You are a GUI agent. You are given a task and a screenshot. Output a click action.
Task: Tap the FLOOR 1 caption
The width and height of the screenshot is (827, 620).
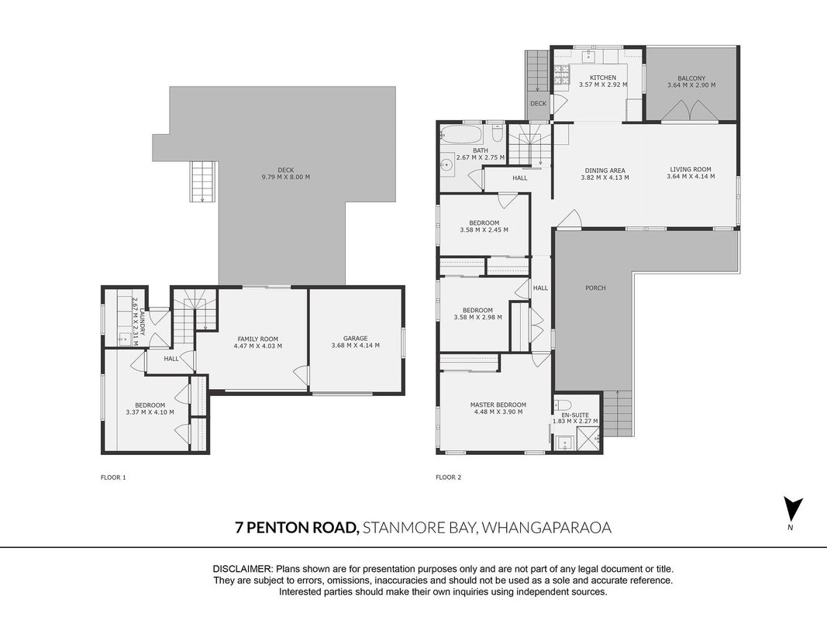(x=113, y=477)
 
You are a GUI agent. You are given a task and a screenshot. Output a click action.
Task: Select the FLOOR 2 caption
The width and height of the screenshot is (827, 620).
(x=448, y=477)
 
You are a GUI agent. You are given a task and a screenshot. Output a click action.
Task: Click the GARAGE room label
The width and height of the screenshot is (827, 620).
(x=356, y=339)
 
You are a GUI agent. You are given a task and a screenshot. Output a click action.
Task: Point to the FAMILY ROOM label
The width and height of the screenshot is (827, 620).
(x=258, y=339)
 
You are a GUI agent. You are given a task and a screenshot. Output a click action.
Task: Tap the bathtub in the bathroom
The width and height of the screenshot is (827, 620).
(x=461, y=134)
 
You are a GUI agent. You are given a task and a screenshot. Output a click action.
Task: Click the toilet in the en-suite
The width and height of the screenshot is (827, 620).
(x=563, y=405)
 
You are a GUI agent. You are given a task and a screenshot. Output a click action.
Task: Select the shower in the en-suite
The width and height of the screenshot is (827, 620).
(x=588, y=439)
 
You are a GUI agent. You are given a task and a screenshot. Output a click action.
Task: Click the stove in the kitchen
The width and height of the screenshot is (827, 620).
(x=560, y=74)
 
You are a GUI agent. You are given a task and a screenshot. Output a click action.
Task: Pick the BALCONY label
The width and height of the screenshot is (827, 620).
(x=691, y=78)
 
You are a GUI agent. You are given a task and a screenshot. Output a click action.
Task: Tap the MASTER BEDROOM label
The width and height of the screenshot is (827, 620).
(x=498, y=405)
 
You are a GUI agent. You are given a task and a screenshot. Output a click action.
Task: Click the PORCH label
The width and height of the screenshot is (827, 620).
(x=595, y=288)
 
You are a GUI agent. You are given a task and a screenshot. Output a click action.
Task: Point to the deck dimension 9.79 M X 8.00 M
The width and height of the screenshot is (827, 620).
(x=286, y=177)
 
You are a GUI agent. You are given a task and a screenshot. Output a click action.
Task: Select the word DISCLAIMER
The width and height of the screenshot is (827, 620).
(x=243, y=569)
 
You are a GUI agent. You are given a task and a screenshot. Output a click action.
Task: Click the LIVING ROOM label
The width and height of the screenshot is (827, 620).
(x=691, y=169)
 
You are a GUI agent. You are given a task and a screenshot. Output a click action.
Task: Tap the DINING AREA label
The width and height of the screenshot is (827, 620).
(x=605, y=170)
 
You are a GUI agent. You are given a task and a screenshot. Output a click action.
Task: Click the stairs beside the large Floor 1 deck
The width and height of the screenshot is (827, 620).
(x=203, y=181)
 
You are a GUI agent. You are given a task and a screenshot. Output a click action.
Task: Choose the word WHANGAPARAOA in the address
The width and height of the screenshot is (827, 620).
(x=547, y=527)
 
